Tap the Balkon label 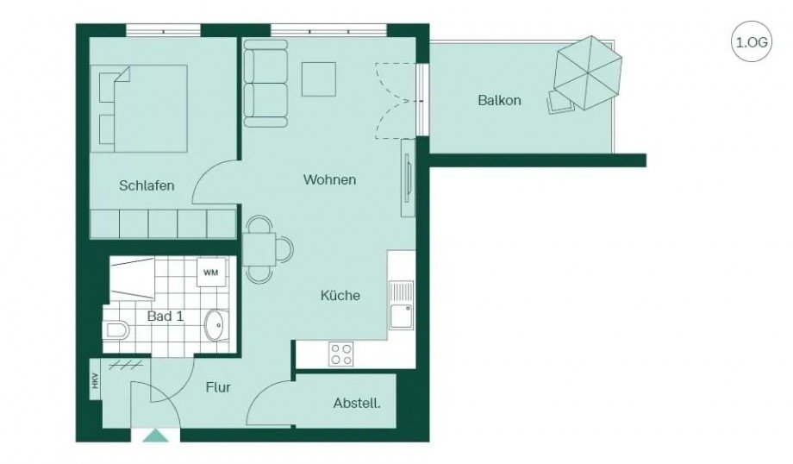(499, 100)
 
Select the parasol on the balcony (588, 72)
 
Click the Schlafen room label (147, 185)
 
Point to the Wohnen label (329, 180)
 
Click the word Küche (340, 295)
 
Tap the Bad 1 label (165, 317)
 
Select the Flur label (218, 388)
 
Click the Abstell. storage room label (357, 403)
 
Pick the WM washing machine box (210, 273)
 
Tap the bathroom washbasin (215, 326)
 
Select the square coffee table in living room (318, 79)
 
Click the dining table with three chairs (259, 248)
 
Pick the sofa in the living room (265, 84)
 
